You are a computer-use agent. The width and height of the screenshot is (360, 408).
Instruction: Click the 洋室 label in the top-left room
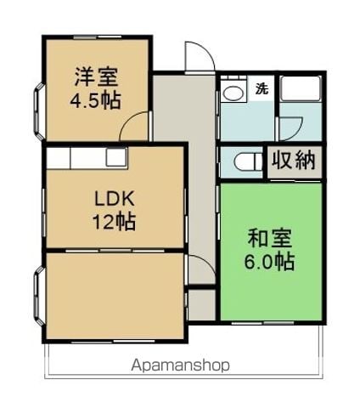click(x=96, y=76)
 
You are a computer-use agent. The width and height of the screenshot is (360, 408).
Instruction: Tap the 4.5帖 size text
click(x=95, y=100)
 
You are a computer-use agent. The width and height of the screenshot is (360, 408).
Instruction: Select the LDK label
click(x=114, y=199)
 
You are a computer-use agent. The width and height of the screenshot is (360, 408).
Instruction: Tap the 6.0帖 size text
click(x=270, y=261)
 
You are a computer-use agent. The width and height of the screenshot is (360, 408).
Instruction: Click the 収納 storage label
click(x=294, y=161)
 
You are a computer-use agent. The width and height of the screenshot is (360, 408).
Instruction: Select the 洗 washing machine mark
click(x=262, y=88)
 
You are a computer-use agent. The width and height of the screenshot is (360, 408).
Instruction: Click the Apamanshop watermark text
click(x=180, y=365)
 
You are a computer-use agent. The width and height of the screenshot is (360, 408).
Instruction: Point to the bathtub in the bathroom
click(x=300, y=88)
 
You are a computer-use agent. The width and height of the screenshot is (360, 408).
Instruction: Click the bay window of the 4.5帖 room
click(x=39, y=111)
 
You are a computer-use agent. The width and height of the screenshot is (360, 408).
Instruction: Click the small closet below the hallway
click(x=201, y=305)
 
